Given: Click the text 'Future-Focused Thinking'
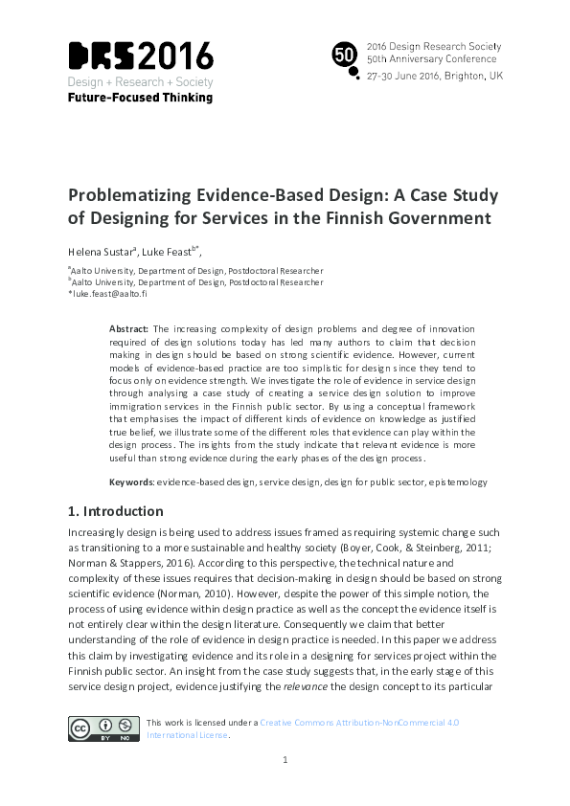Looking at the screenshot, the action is coord(140,97).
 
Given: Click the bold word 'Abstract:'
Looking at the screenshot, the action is coord(128,329).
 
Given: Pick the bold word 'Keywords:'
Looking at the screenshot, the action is coord(131,481).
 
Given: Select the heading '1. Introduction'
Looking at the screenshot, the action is coord(115,511).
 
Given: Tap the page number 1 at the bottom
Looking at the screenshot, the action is coord(285,787).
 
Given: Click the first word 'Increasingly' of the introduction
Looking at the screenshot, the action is coord(101,531).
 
